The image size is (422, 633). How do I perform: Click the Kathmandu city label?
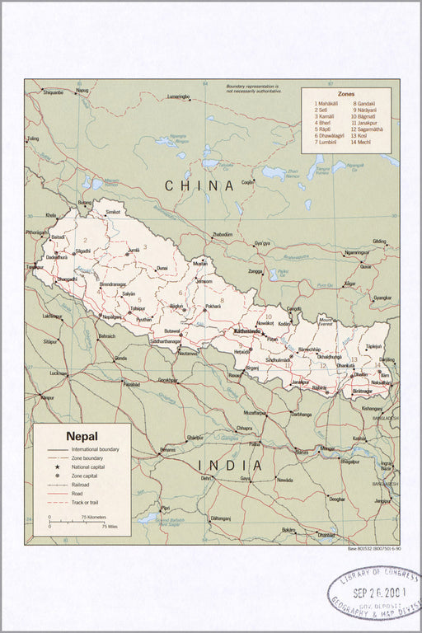coord(248,331)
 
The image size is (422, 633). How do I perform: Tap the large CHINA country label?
coord(199,186)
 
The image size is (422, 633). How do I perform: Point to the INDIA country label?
coord(232,466)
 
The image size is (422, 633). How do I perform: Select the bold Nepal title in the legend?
coord(82,436)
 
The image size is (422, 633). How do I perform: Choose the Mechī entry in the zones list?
coord(362,143)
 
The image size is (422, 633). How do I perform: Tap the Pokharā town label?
coord(213,307)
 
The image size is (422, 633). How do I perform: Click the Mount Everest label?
coord(326,320)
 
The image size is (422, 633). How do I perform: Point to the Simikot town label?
coord(112,212)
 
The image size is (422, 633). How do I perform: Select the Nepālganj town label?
coord(111,316)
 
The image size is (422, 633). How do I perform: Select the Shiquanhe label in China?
coord(53,92)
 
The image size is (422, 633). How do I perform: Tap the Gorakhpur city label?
coord(167,380)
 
